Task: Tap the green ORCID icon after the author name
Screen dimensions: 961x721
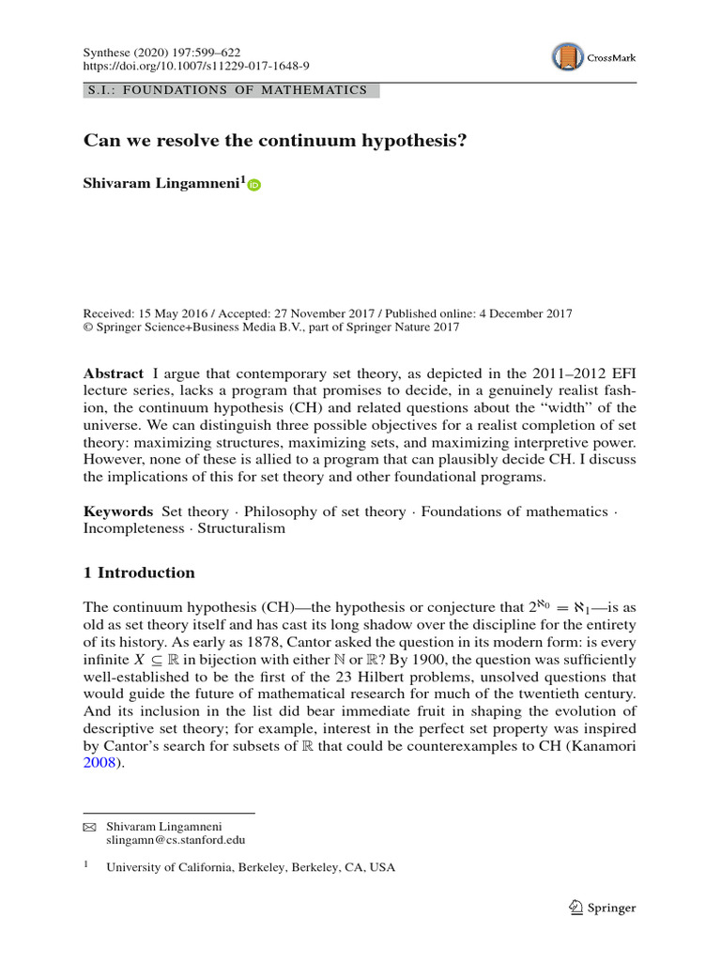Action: point(254,186)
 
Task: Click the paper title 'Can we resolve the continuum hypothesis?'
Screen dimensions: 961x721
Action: point(275,142)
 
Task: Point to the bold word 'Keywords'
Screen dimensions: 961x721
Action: point(118,511)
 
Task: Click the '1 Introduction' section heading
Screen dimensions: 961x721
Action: point(139,572)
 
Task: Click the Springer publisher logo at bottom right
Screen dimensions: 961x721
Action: point(603,908)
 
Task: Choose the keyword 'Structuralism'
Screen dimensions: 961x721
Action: point(240,528)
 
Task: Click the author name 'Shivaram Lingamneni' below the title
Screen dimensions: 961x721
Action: point(161,184)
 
